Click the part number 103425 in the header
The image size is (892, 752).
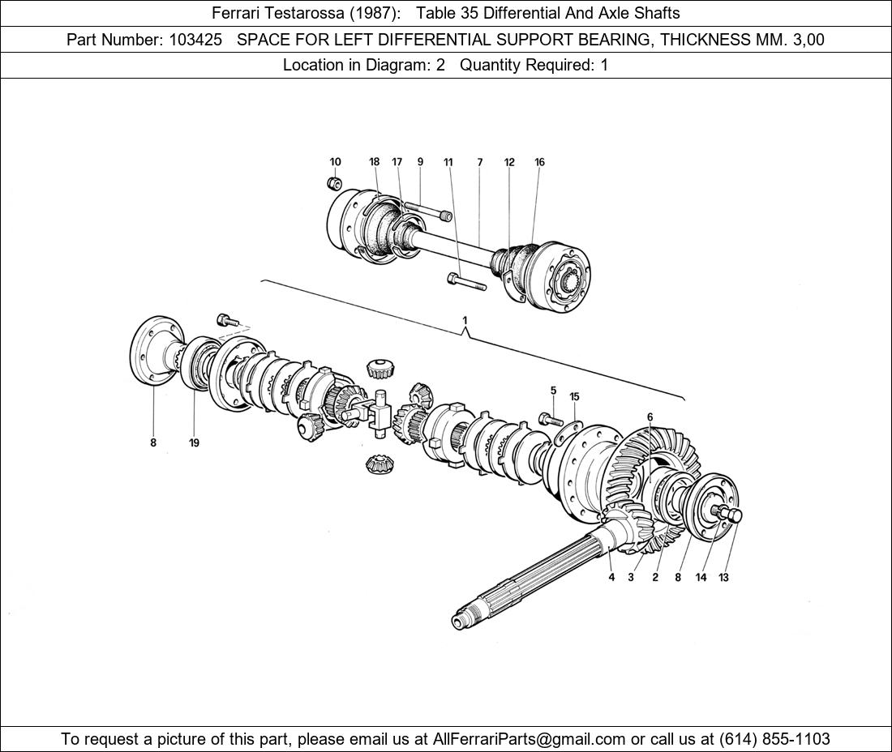[x=195, y=40]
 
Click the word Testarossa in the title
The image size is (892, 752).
[x=306, y=13]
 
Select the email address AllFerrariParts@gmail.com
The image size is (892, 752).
[x=529, y=739]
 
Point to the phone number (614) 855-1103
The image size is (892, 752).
[x=774, y=739]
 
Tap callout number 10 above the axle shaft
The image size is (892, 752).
[x=335, y=162]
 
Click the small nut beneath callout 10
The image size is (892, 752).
[x=334, y=184]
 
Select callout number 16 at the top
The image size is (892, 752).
[x=539, y=162]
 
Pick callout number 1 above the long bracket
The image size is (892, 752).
[x=465, y=321]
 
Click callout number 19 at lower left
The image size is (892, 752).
[x=194, y=442]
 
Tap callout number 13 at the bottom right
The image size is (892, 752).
[x=723, y=578]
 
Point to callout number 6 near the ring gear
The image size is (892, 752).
[x=650, y=417]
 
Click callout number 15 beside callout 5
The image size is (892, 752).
[x=574, y=397]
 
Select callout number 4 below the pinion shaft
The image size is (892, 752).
[x=611, y=578]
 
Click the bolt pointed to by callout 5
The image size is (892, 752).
[x=550, y=420]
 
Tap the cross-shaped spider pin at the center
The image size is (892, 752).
[x=376, y=412]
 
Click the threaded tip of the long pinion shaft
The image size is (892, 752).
[x=459, y=621]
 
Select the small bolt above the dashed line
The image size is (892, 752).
[x=228, y=320]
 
